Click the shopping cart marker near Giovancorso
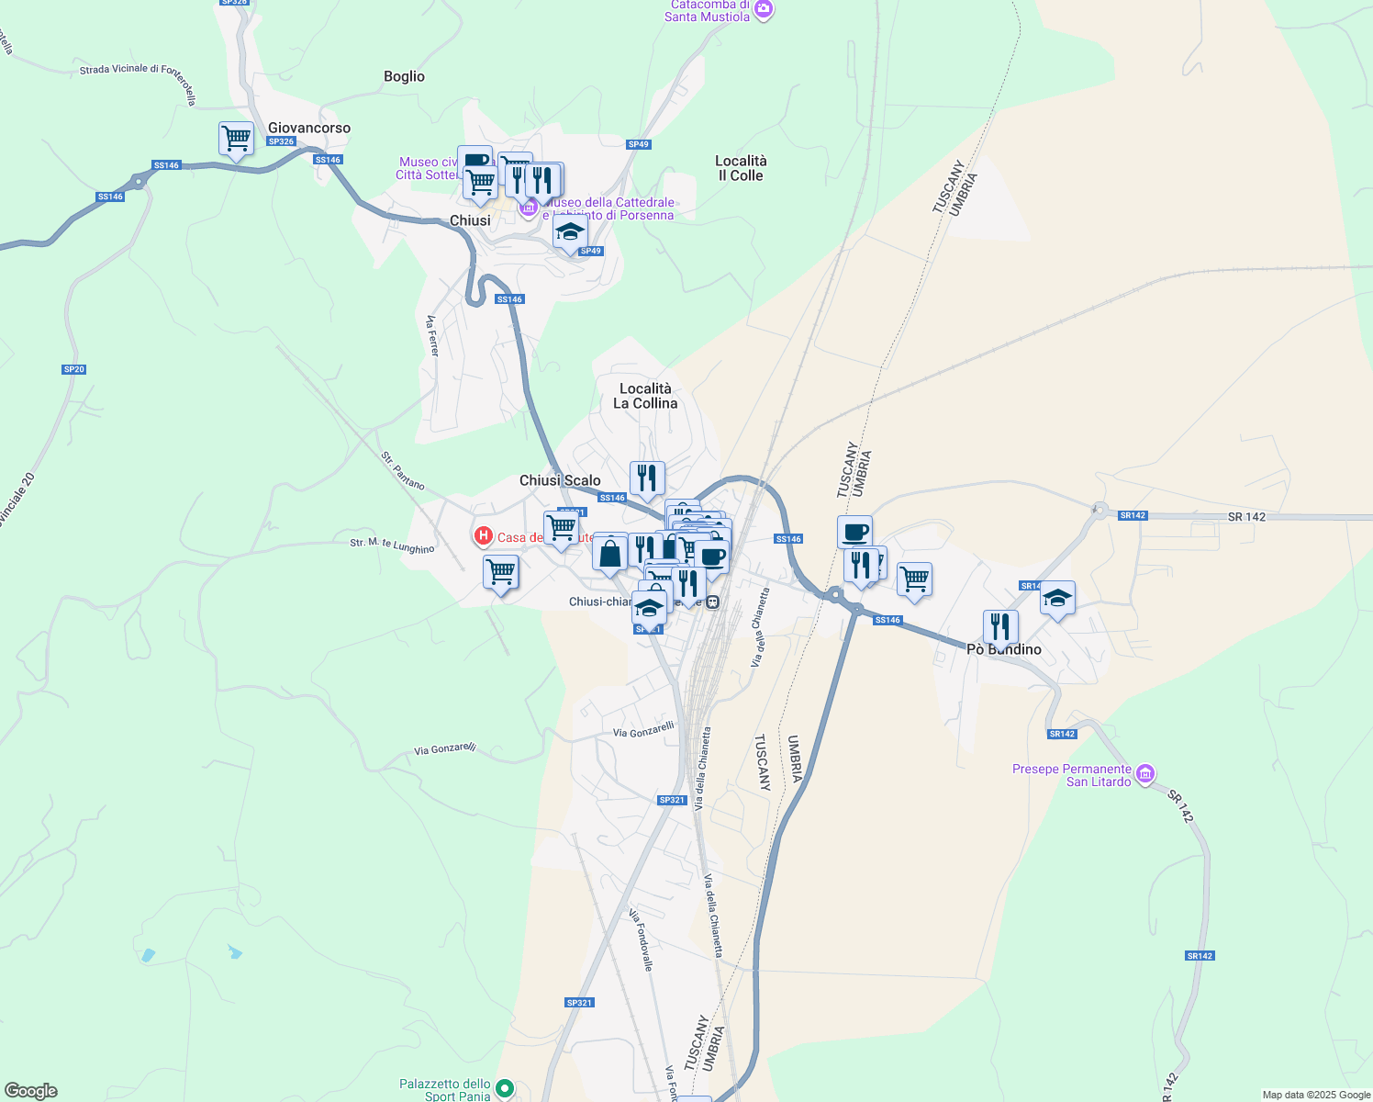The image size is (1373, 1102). [236, 140]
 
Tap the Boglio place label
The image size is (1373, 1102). [404, 76]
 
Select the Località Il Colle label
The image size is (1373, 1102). [741, 168]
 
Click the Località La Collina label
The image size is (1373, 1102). [645, 396]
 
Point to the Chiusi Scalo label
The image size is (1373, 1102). [560, 480]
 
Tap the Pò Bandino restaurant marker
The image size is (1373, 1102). [999, 627]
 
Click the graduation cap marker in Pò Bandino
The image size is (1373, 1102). [1057, 599]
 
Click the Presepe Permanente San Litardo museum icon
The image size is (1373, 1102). [1145, 774]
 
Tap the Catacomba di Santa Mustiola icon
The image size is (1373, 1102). [764, 10]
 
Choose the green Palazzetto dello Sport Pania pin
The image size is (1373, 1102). [505, 1089]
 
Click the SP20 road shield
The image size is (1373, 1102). [73, 369]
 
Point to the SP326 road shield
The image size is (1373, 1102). [281, 141]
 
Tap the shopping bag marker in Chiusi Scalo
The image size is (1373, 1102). [609, 554]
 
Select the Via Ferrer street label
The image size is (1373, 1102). [433, 336]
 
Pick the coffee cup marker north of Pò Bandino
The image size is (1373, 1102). [854, 532]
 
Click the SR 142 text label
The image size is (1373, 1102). [1246, 517]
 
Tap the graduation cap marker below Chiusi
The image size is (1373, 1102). [570, 232]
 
